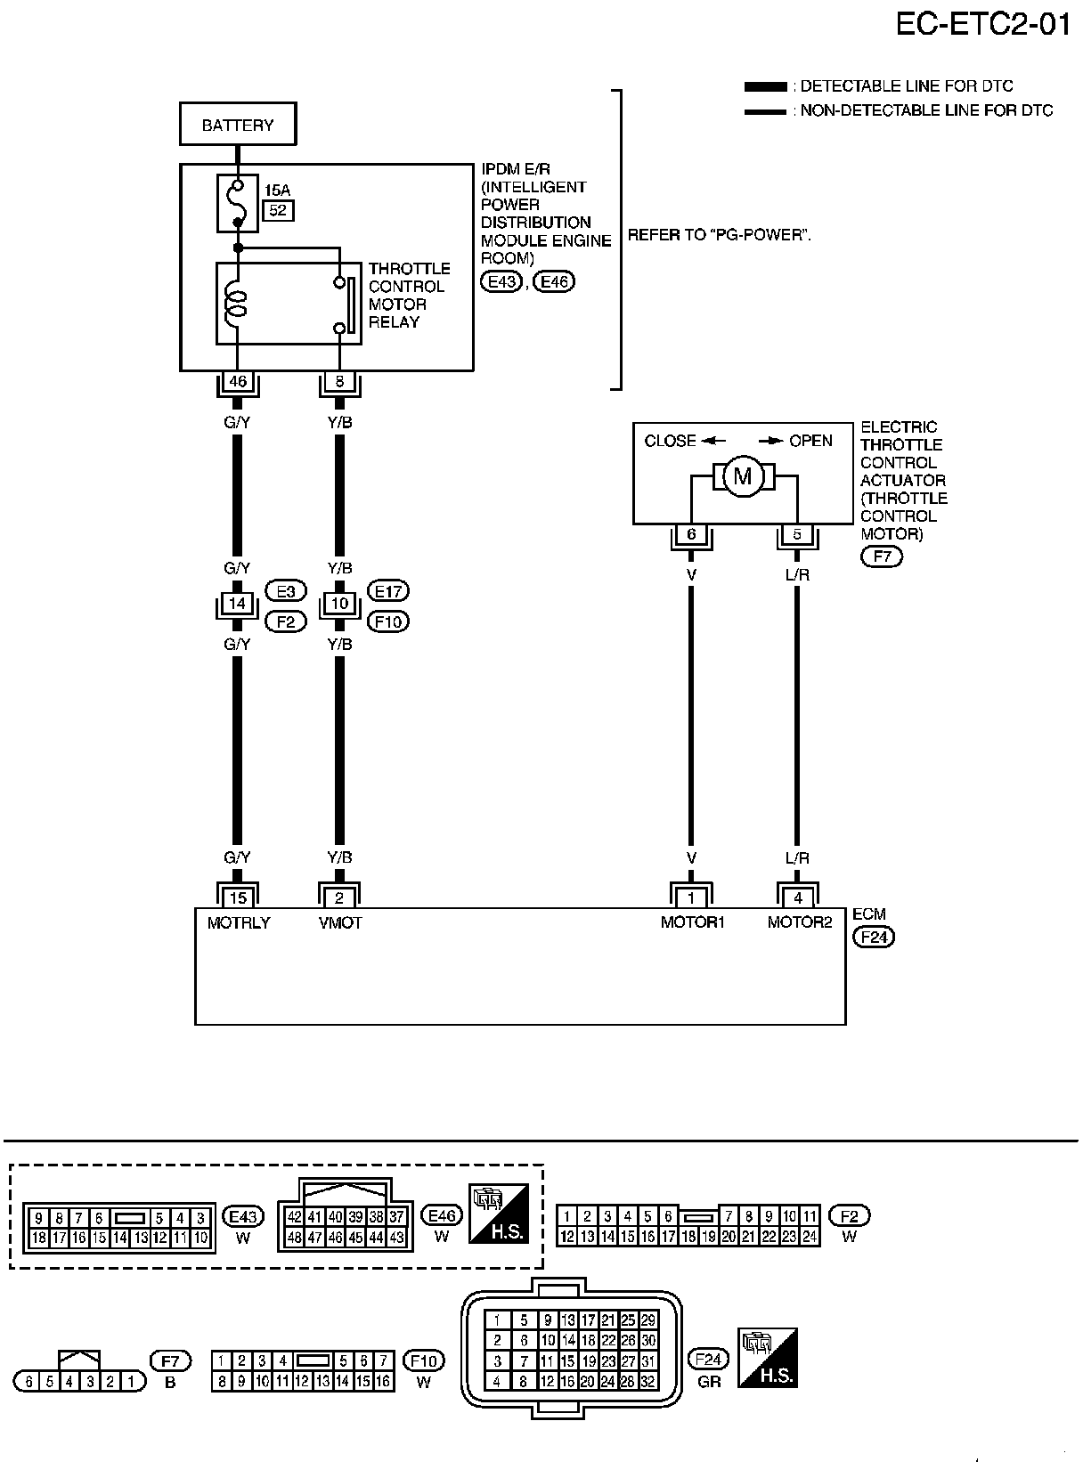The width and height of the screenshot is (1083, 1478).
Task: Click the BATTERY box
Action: [238, 124]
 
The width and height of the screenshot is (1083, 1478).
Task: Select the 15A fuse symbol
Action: [238, 203]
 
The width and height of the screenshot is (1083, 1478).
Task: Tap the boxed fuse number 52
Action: [278, 210]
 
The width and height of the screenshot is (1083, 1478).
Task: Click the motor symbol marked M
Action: [743, 475]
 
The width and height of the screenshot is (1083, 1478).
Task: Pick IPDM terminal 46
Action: [238, 381]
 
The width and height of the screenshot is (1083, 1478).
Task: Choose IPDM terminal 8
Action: [339, 381]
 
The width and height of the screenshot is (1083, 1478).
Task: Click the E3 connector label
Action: [286, 591]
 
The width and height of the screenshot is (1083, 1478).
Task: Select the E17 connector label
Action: [388, 591]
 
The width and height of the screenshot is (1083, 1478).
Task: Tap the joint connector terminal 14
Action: [237, 603]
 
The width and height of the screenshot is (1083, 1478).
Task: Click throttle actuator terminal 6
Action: [691, 534]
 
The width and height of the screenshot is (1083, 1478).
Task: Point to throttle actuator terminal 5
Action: [797, 534]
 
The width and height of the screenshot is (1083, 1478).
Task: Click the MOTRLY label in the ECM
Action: [239, 923]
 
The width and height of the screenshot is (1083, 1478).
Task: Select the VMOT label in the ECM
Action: [340, 923]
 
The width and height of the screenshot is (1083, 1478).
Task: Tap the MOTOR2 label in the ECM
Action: [800, 922]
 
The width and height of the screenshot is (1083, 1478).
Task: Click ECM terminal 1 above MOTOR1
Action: [691, 898]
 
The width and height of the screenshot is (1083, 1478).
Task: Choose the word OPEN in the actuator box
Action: [811, 441]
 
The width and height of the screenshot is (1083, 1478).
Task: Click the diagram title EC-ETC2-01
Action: [982, 24]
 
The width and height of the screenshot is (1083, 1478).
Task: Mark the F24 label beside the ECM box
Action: [874, 937]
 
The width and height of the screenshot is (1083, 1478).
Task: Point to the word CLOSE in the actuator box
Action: [670, 441]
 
